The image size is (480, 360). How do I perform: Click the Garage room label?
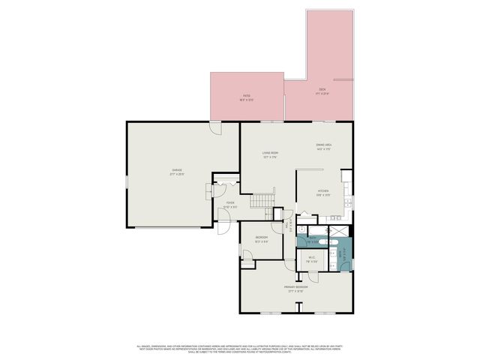(177, 170)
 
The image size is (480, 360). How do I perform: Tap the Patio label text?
(245, 95)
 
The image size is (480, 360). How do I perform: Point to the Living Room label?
(271, 153)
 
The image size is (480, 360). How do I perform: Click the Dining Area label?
(324, 144)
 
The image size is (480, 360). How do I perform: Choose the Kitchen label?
(323, 190)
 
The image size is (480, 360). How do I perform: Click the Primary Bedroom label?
(295, 287)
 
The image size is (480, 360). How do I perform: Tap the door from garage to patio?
(215, 129)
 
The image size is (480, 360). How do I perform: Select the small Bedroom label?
(262, 238)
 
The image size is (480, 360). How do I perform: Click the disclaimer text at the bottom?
(240, 349)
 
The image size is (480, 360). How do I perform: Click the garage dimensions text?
(177, 174)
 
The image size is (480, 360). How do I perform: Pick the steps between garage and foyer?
(217, 191)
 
